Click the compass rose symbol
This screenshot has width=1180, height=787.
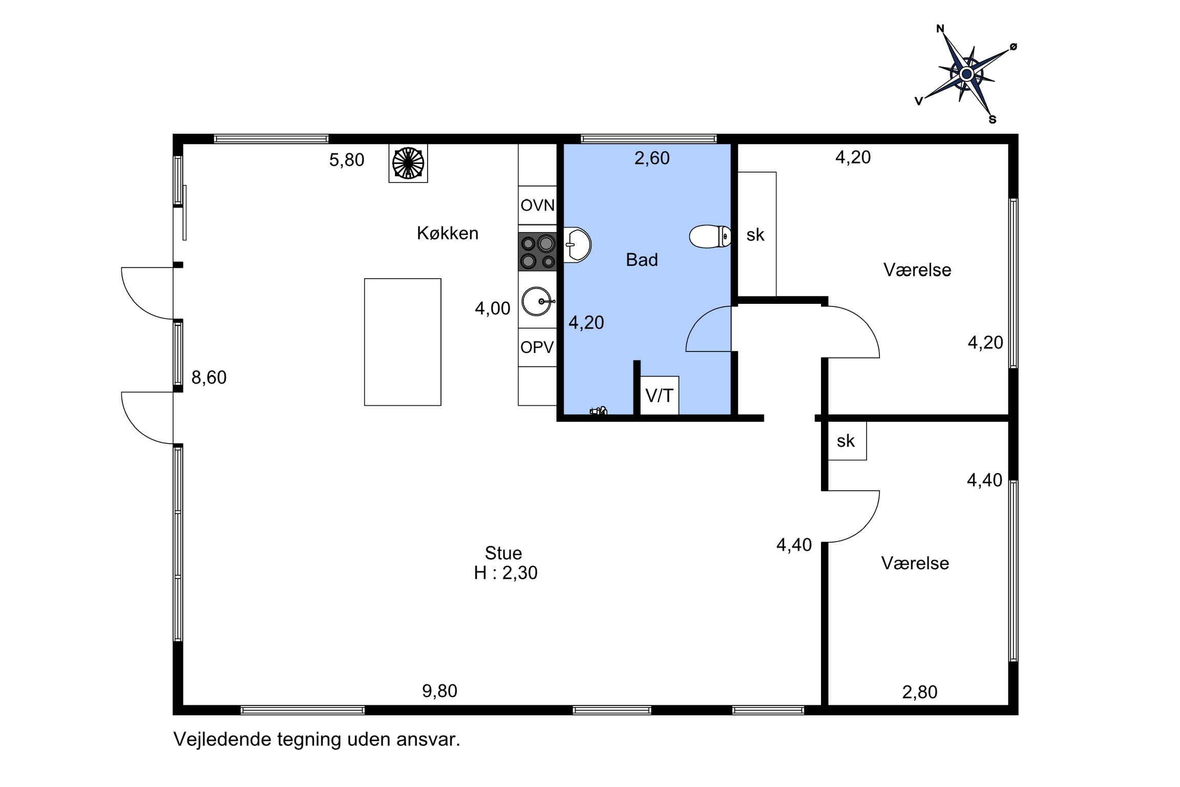tap(966, 74)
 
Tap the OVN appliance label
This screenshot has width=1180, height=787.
tap(537, 205)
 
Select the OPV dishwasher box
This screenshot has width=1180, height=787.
tap(537, 347)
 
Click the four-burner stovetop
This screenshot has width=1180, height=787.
tap(537, 252)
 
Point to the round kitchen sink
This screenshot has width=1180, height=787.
tap(538, 301)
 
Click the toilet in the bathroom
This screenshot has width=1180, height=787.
tap(710, 236)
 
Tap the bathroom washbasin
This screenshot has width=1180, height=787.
tap(577, 245)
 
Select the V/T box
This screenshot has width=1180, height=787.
tap(660, 396)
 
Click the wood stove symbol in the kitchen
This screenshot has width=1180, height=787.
tap(408, 163)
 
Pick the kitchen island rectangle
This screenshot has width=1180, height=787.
tap(403, 342)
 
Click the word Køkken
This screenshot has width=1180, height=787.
tap(448, 233)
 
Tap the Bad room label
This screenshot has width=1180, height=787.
tap(642, 260)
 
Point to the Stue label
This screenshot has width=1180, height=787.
tap(503, 553)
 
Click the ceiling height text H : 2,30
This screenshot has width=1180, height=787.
tap(505, 573)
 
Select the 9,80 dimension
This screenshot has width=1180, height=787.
tap(439, 691)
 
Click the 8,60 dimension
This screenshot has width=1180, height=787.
tap(209, 378)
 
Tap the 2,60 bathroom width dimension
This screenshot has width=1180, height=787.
tap(652, 158)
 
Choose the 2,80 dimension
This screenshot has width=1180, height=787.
tap(920, 692)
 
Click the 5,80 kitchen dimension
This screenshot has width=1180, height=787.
tap(347, 160)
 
